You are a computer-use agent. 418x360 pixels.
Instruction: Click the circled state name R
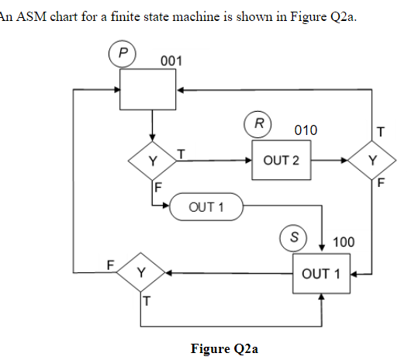pyautogui.click(x=258, y=123)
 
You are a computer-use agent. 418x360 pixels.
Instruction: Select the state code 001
pyautogui.click(x=171, y=61)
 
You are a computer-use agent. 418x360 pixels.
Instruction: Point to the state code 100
pyautogui.click(x=344, y=243)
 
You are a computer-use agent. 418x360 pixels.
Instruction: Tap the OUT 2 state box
pyautogui.click(x=280, y=161)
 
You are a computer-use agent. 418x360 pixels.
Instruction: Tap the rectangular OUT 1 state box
pyautogui.click(x=320, y=273)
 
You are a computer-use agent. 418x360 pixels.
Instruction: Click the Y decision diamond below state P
pyautogui.click(x=153, y=161)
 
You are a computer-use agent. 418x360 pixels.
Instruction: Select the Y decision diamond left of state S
pyautogui.click(x=140, y=273)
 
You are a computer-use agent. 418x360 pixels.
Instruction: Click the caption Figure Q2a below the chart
pyautogui.click(x=224, y=348)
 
